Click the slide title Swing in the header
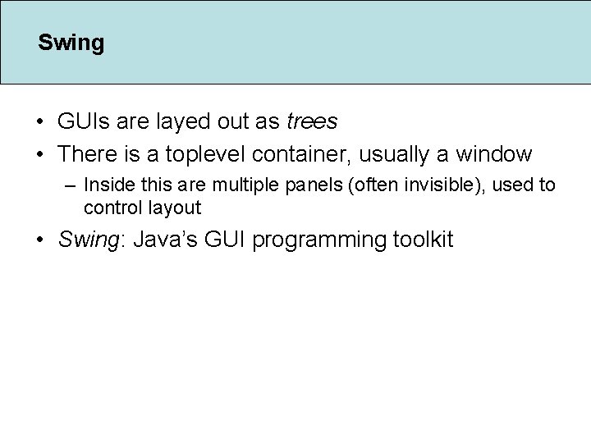click(71, 43)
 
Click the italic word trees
click(312, 121)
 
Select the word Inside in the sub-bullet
click(106, 185)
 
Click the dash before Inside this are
click(71, 185)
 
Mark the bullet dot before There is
click(40, 154)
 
